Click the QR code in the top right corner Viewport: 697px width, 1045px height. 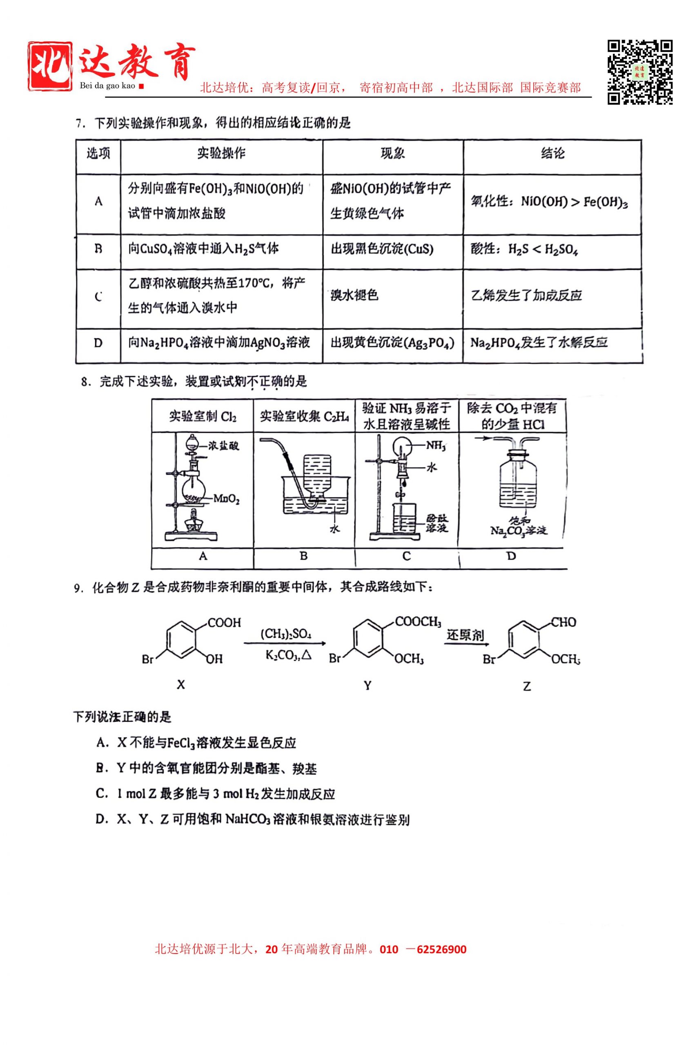640,72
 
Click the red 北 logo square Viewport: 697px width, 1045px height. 50,66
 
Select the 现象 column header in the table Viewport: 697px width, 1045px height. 392,154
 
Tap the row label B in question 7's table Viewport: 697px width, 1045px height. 98,249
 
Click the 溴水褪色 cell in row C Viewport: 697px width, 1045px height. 354,295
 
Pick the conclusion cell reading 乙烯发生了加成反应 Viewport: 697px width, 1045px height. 526,296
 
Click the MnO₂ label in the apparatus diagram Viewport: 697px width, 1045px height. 226,499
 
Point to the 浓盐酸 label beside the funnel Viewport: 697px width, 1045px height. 224,445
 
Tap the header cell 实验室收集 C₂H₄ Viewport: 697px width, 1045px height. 304,416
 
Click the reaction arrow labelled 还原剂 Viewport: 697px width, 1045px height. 465,644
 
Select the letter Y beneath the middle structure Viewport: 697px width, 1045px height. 367,685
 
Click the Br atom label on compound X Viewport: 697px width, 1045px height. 147,659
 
